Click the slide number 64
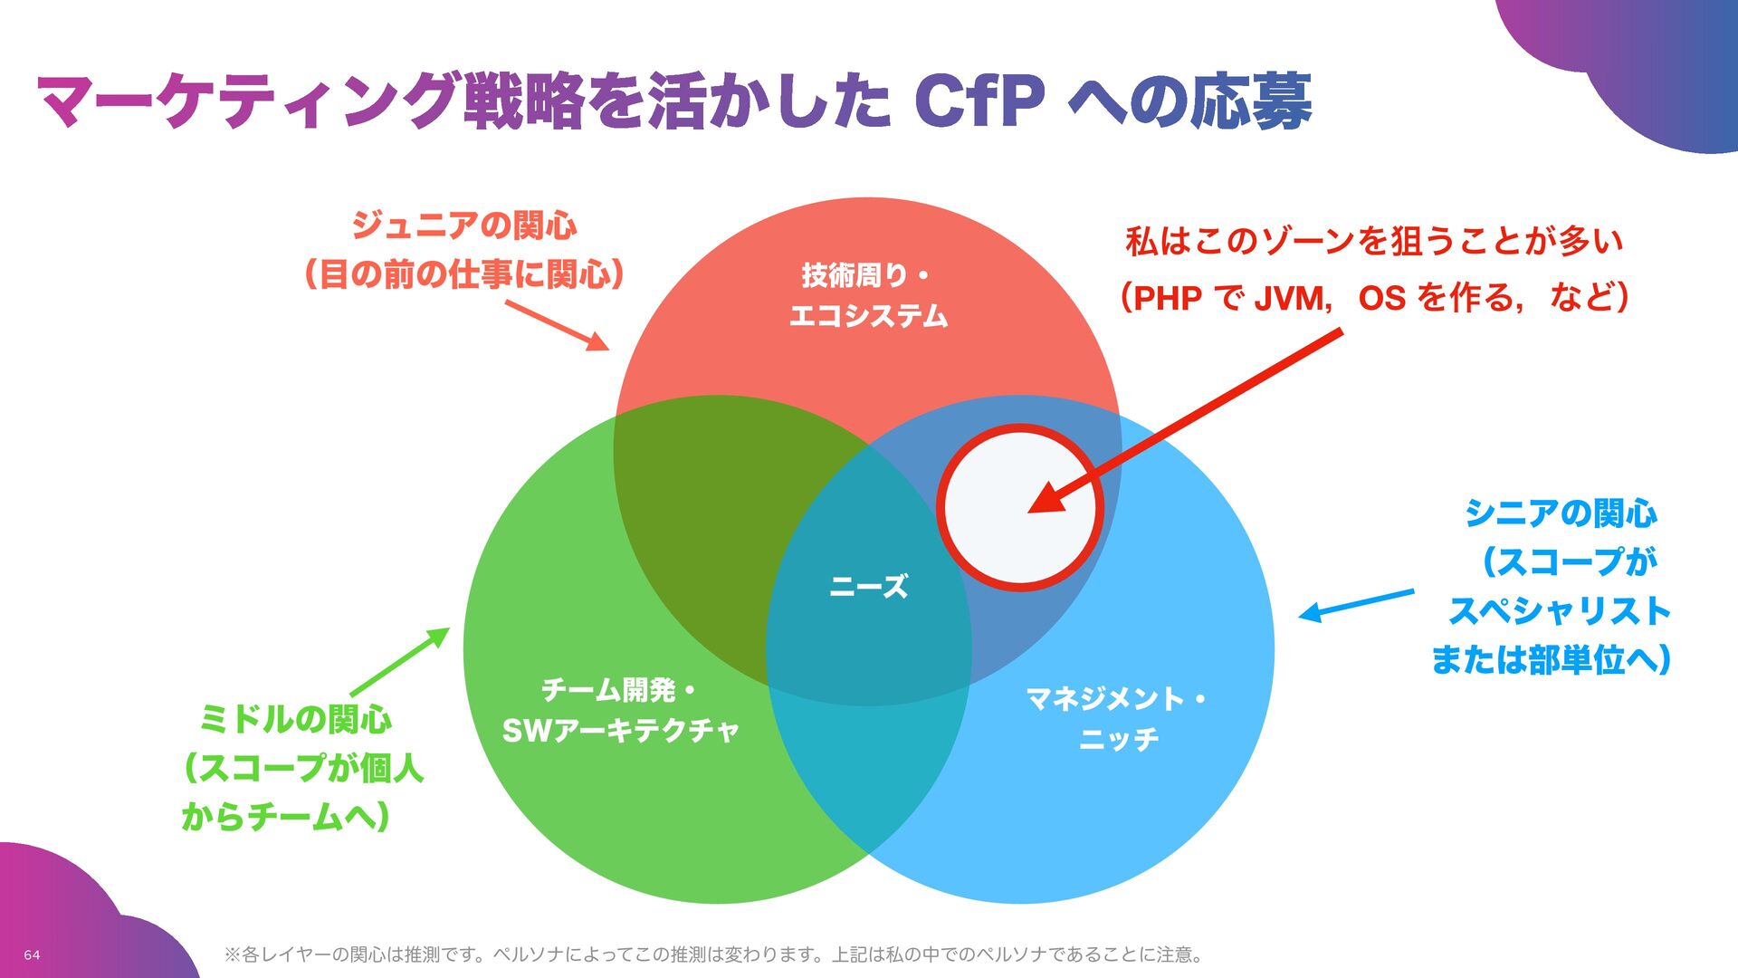pyautogui.click(x=32, y=955)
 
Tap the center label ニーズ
pyautogui.click(x=868, y=587)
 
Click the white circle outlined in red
pyautogui.click(x=1018, y=507)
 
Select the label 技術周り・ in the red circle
pyautogui.click(x=865, y=273)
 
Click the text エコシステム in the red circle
pyautogui.click(x=868, y=316)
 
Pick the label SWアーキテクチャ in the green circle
pyautogui.click(x=621, y=730)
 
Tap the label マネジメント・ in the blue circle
pyautogui.click(x=1116, y=699)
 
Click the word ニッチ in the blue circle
pyautogui.click(x=1119, y=740)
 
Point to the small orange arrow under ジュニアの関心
pyautogui.click(x=557, y=325)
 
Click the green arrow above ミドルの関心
pyautogui.click(x=399, y=662)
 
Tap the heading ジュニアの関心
pyautogui.click(x=463, y=225)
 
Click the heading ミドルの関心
pyautogui.click(x=295, y=720)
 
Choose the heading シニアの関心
pyautogui.click(x=1561, y=513)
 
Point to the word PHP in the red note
pyautogui.click(x=1167, y=298)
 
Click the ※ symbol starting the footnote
pyautogui.click(x=232, y=954)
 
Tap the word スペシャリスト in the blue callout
pyautogui.click(x=1559, y=611)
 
